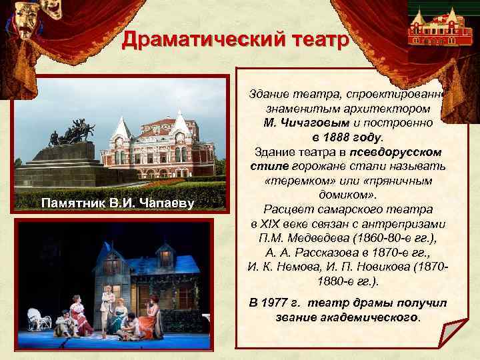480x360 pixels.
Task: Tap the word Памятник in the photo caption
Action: (71, 203)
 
